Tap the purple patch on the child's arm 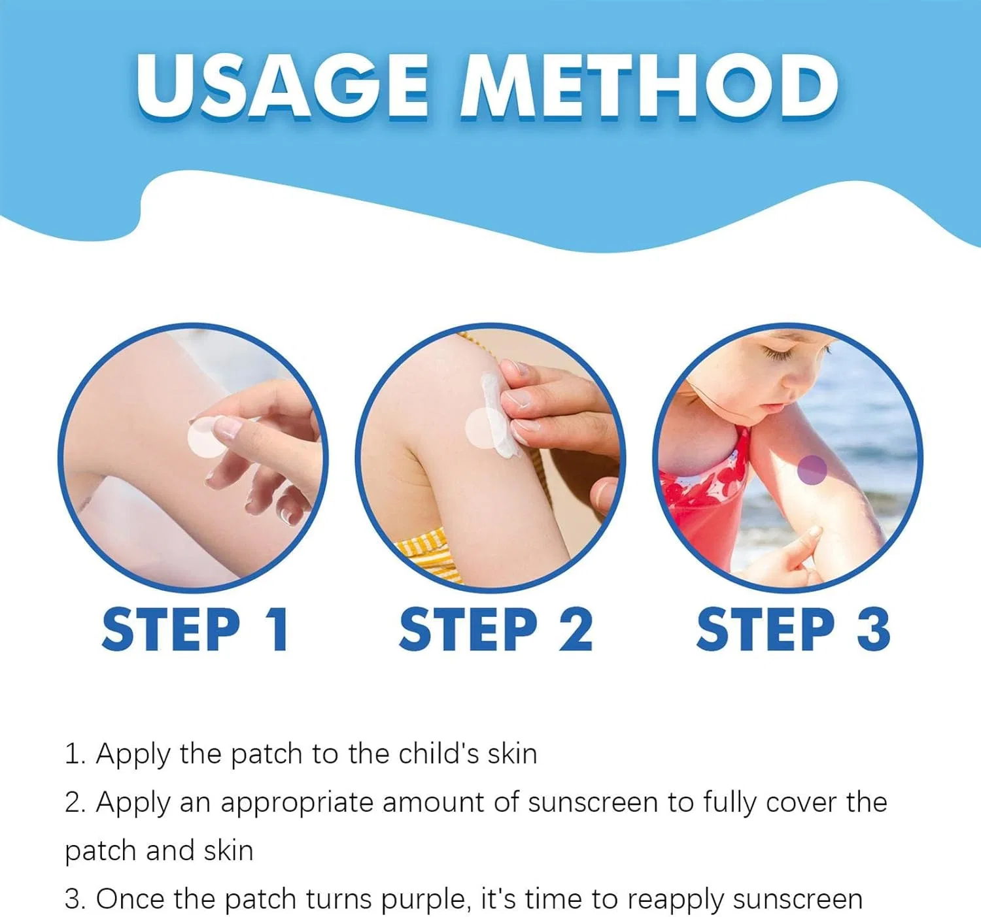[812, 469]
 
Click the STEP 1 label [195, 630]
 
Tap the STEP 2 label [496, 630]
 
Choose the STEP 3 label [793, 630]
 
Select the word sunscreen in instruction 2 [593, 803]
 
